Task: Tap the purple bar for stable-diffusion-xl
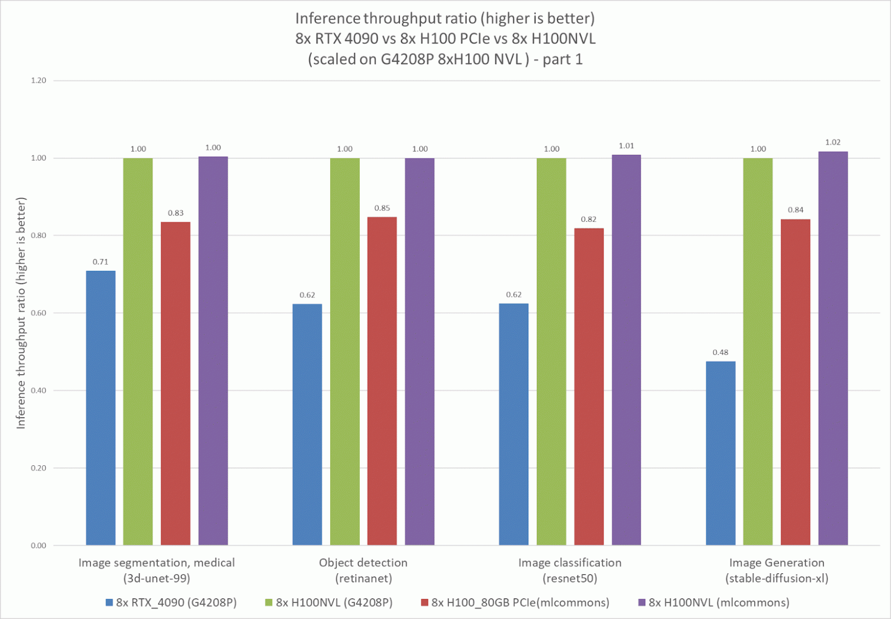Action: click(833, 348)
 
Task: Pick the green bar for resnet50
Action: click(551, 352)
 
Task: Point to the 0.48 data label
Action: click(720, 353)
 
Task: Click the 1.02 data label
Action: click(833, 142)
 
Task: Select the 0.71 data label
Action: click(101, 262)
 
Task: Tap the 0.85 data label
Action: click(382, 208)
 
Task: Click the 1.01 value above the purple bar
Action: click(626, 146)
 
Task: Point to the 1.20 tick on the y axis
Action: click(38, 81)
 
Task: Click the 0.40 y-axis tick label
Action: click(38, 390)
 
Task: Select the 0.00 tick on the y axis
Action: click(38, 545)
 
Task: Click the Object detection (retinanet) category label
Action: click(363, 570)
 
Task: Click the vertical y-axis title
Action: click(21, 313)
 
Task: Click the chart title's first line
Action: click(445, 18)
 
